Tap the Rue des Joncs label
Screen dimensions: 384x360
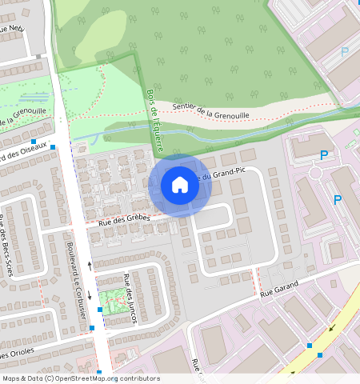(x=130, y=298)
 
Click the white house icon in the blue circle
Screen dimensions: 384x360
(x=180, y=186)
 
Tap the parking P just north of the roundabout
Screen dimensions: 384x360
(x=324, y=154)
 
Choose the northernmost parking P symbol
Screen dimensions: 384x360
(x=345, y=51)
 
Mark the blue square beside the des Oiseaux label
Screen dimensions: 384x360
(x=53, y=147)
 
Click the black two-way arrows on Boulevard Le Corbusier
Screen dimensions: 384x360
(x=90, y=265)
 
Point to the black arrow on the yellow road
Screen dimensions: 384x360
(x=330, y=327)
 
